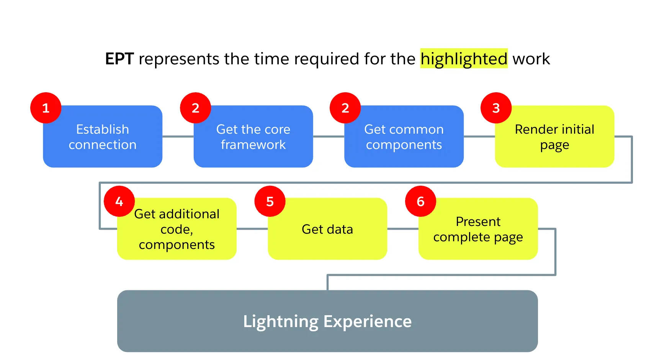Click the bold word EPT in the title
tap(119, 59)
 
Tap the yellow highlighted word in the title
tap(464, 59)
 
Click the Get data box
tap(327, 229)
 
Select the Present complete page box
tap(478, 229)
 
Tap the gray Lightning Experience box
tap(327, 321)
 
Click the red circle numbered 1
tap(46, 108)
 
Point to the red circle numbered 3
tap(496, 108)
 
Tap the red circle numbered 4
tap(119, 201)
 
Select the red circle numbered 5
tap(270, 201)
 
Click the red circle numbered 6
tap(420, 201)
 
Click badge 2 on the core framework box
tap(196, 108)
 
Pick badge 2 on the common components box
tap(345, 108)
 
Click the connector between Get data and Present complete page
tap(403, 229)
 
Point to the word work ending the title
tap(531, 59)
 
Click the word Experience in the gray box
tap(367, 321)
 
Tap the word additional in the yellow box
tap(189, 214)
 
